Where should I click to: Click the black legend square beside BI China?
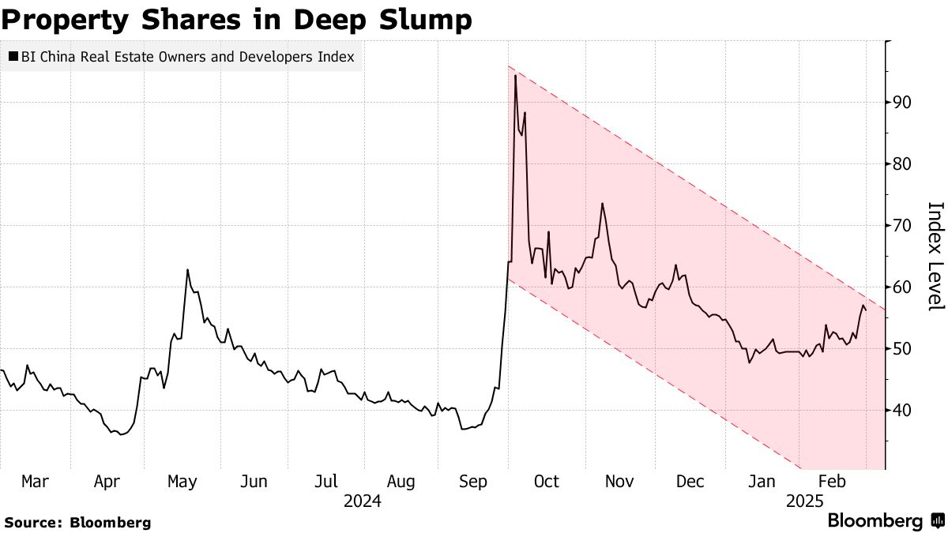pyautogui.click(x=13, y=57)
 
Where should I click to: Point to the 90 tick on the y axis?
pyautogui.click(x=903, y=103)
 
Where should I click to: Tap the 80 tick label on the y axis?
pyautogui.click(x=903, y=164)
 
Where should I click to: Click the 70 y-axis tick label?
pyautogui.click(x=903, y=226)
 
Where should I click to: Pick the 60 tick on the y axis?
pyautogui.click(x=903, y=287)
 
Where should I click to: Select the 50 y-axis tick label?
pyautogui.click(x=903, y=349)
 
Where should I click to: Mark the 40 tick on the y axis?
pyautogui.click(x=903, y=411)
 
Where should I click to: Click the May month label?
pyautogui.click(x=182, y=482)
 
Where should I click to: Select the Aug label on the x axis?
pyautogui.click(x=401, y=482)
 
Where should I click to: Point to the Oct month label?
pyautogui.click(x=546, y=482)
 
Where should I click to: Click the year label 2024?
pyautogui.click(x=363, y=501)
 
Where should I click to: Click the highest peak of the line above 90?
pyautogui.click(x=515, y=76)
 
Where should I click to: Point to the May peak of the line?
pyautogui.click(x=187, y=270)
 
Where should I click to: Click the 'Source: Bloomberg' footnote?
pyautogui.click(x=77, y=522)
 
